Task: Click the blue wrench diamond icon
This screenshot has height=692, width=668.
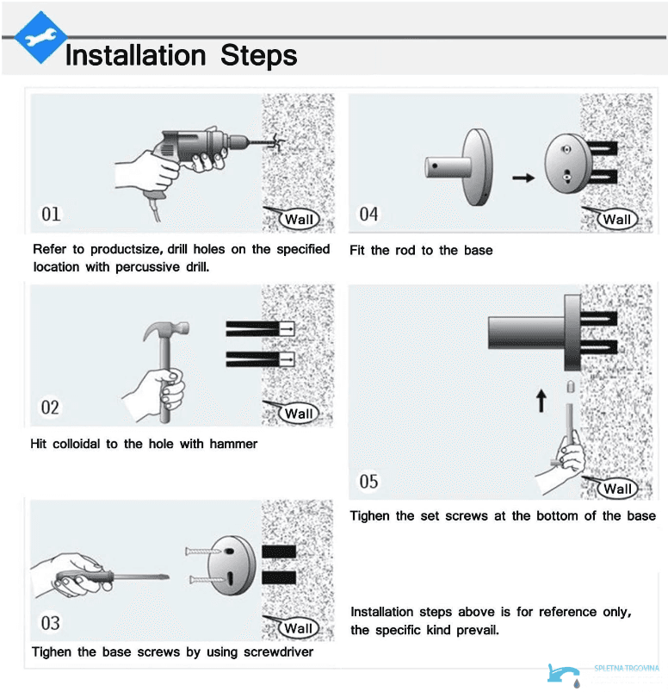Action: tap(40, 38)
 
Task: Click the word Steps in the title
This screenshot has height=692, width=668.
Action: tap(259, 56)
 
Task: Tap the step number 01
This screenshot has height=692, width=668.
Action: tap(51, 214)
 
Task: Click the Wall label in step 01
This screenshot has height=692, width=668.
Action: tap(299, 220)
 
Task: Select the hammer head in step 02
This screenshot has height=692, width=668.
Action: tap(166, 330)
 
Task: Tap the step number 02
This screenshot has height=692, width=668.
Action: tap(50, 408)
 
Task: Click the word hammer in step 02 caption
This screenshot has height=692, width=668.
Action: tap(233, 444)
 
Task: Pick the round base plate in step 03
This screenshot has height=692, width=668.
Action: tap(232, 566)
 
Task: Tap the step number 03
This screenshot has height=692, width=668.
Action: tap(50, 623)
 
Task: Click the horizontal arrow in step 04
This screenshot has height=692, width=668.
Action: tap(523, 178)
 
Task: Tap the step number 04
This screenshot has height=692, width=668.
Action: tap(368, 215)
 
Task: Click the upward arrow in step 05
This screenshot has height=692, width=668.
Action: tap(541, 401)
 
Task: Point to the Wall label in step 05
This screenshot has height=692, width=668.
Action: tap(617, 489)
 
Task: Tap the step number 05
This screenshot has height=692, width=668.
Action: tap(368, 482)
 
